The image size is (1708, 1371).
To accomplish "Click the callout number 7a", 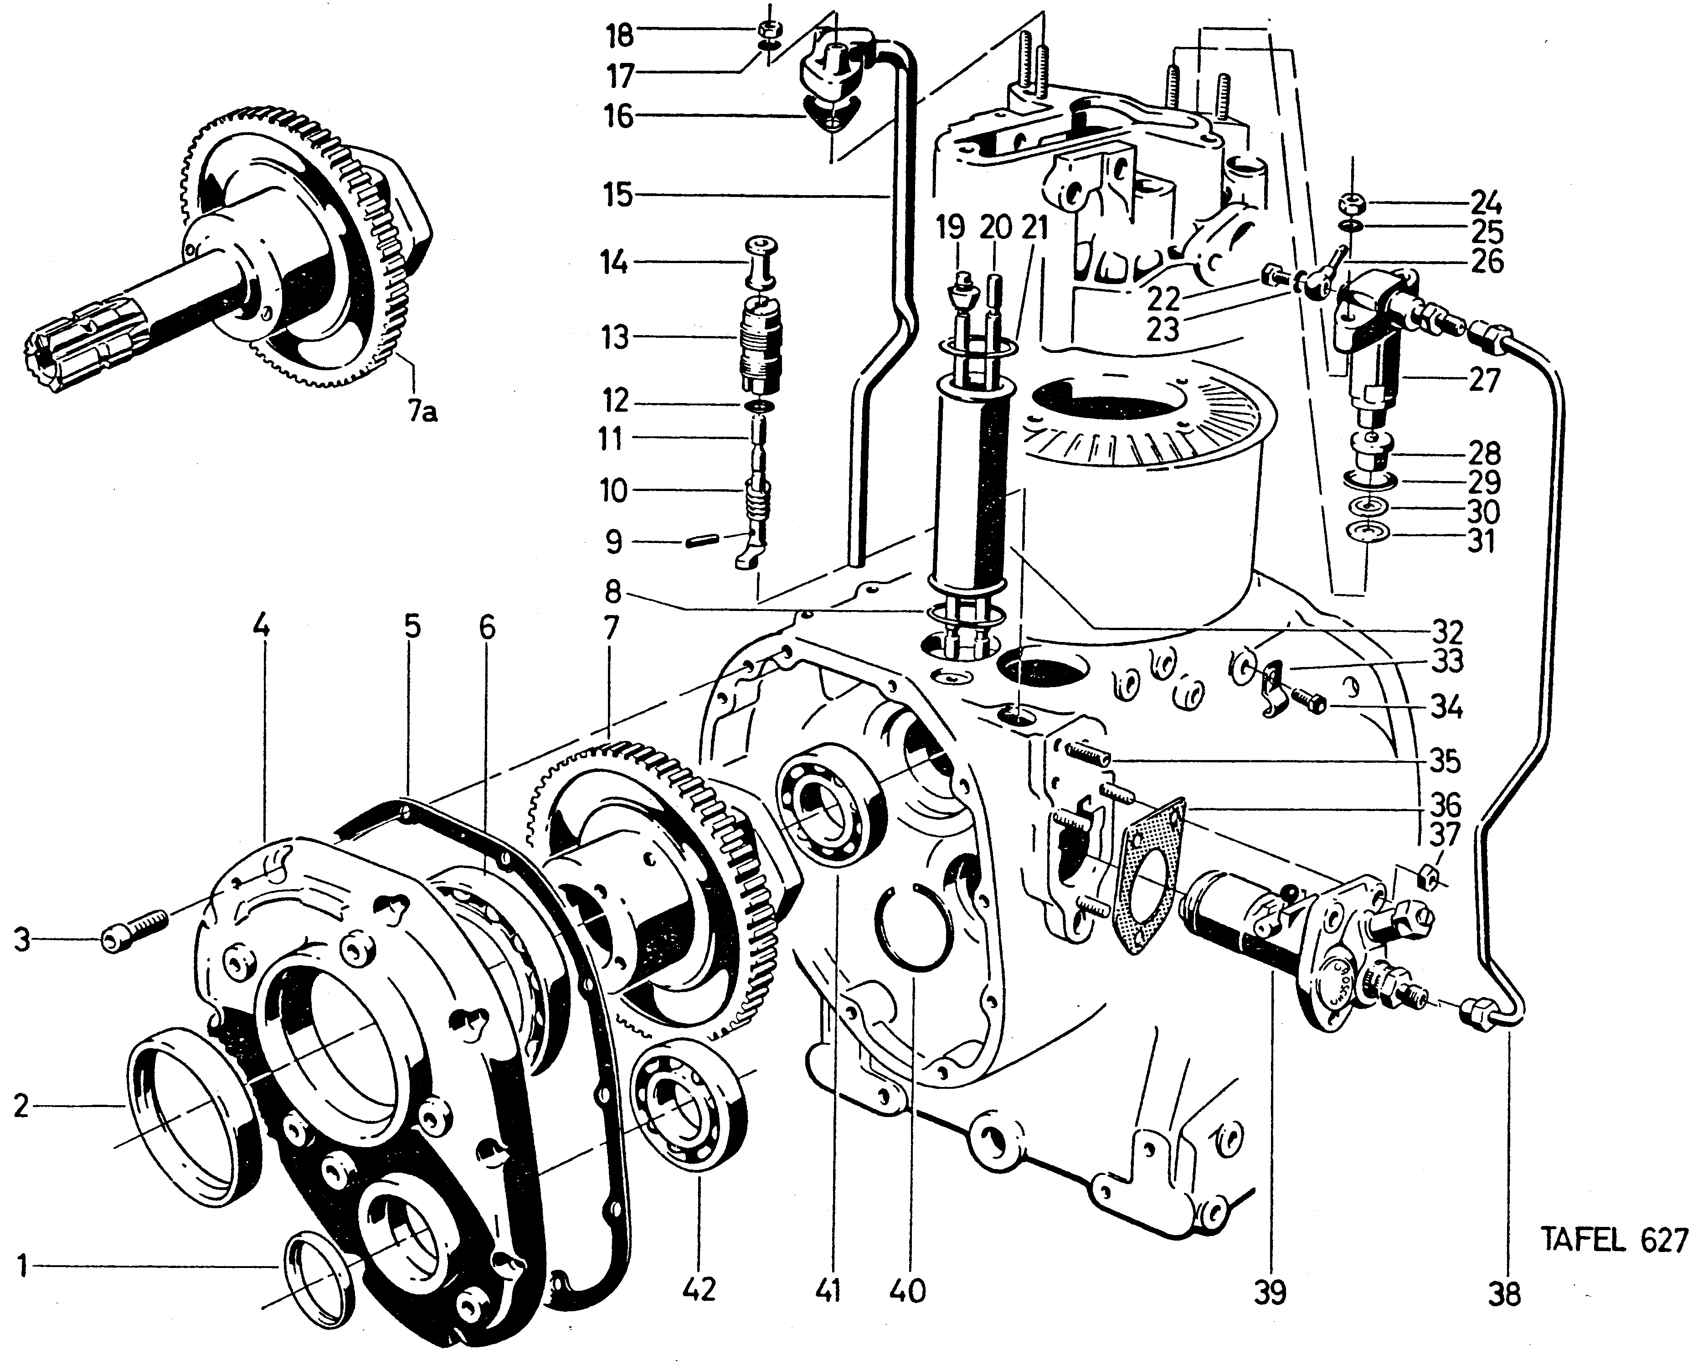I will coord(424,412).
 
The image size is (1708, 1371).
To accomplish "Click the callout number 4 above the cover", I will coord(262,626).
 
